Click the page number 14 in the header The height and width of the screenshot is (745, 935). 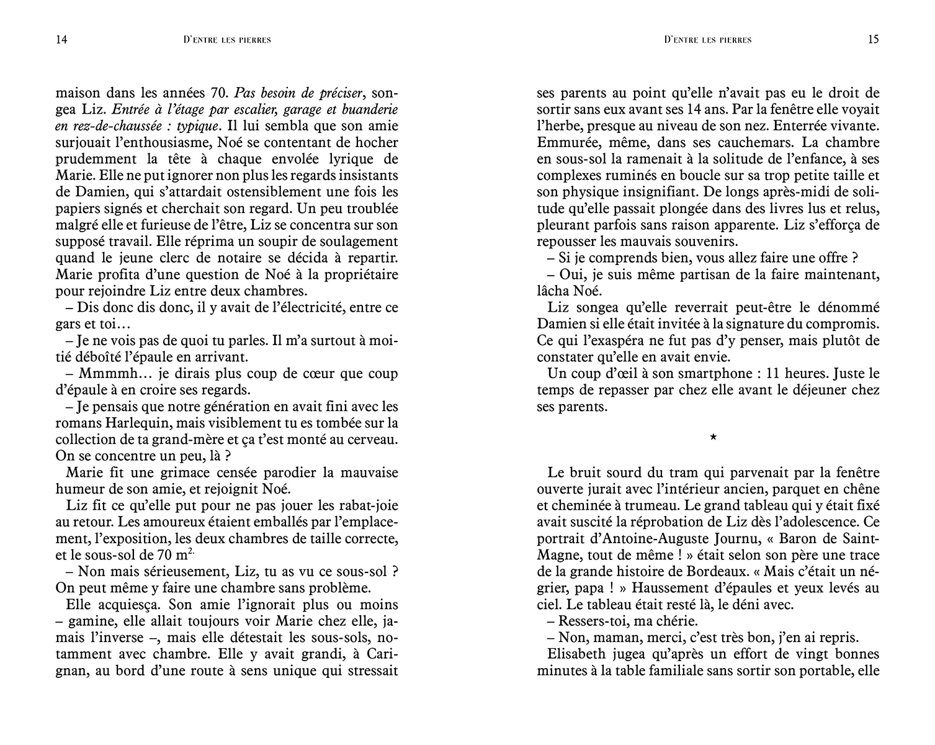point(61,39)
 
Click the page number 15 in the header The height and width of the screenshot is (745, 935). point(873,39)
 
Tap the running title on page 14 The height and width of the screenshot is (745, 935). point(228,40)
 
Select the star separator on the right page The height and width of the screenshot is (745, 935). point(714,438)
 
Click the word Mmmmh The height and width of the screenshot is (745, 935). point(103,374)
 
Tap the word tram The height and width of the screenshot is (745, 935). point(640,471)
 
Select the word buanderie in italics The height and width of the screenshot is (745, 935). point(371,109)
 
